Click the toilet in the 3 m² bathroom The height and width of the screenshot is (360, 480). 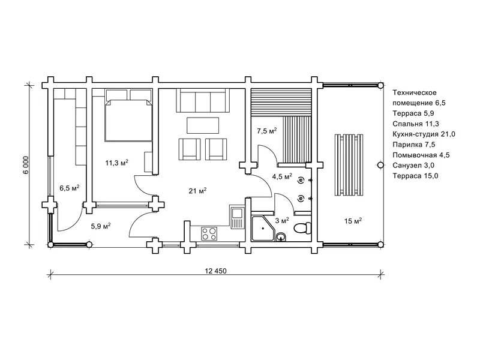point(302,228)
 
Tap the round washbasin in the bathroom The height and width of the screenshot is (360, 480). point(281,236)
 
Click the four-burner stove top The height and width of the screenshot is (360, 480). point(209,233)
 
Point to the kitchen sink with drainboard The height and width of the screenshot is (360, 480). point(237,217)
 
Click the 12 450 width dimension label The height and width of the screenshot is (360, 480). point(216,271)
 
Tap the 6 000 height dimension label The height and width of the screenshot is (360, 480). point(26,166)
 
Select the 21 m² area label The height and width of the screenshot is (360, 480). point(197,191)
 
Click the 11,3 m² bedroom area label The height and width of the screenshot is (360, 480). point(116,163)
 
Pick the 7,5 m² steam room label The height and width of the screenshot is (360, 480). point(266,131)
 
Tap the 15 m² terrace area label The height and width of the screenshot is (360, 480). point(353,221)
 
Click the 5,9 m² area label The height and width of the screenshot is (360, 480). point(101,226)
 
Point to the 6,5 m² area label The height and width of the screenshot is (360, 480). point(70,188)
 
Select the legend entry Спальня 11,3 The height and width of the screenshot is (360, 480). point(416,124)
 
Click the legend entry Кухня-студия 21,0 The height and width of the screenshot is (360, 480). point(424,134)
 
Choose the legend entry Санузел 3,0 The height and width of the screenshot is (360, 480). point(413,166)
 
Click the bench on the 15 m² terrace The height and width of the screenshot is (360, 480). point(349,165)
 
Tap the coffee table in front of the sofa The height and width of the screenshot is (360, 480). point(203,125)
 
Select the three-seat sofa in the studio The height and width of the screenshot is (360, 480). point(202,100)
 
